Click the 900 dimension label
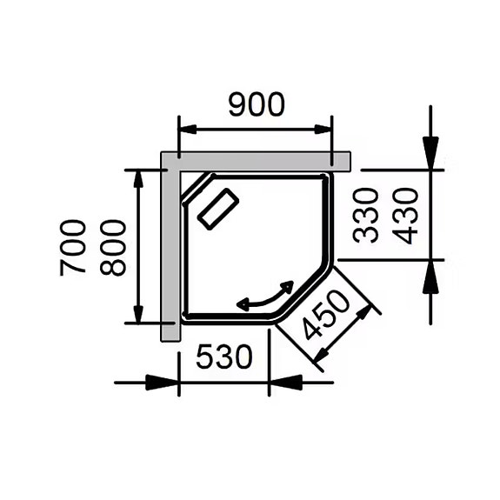pos(256,104)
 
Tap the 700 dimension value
pos(74,248)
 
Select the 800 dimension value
pos(113,248)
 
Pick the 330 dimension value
pos(367,215)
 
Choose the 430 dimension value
pos(406,215)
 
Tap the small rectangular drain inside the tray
pos(218,209)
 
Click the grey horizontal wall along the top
pos(261,160)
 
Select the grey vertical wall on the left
pos(170,252)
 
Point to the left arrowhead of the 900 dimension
pos(188,130)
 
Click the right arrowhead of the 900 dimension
pos(323,130)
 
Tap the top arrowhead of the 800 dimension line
pos(138,180)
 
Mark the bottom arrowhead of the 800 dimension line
pos(138,312)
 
